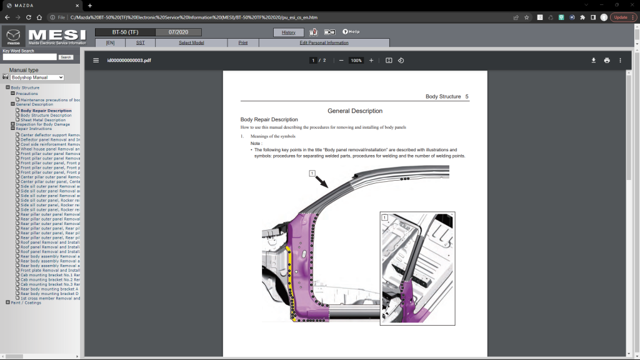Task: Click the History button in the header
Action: [289, 32]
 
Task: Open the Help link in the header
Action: [351, 32]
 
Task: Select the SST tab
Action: [140, 42]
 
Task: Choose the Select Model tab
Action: [191, 42]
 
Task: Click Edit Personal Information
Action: [324, 42]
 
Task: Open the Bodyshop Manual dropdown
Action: [37, 77]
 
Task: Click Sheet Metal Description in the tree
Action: [42, 120]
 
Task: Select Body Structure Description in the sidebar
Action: [46, 115]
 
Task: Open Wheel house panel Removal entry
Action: [50, 149]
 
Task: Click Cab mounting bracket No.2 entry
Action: [50, 279]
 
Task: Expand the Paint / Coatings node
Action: [7, 302]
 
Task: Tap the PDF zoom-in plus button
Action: [371, 61]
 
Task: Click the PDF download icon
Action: [594, 61]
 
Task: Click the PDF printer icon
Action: [607, 61]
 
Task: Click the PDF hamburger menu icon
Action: [96, 61]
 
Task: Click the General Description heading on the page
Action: [354, 111]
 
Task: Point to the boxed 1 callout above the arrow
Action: [312, 173]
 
